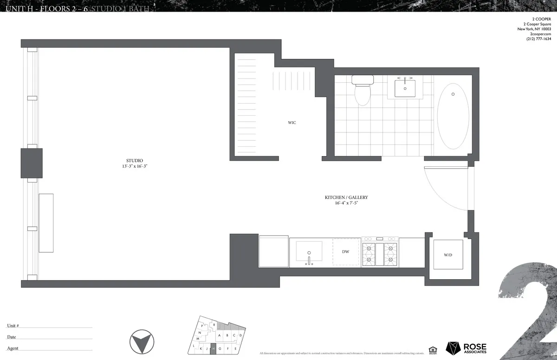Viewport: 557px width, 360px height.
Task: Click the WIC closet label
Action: tap(291, 123)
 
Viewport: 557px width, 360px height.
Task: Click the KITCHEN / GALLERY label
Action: tap(346, 197)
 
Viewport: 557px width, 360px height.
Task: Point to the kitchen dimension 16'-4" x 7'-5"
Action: tap(346, 203)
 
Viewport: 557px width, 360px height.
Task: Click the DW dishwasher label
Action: tap(345, 252)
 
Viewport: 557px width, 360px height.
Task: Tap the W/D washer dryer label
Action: tap(448, 255)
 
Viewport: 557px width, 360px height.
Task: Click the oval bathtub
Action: tap(453, 116)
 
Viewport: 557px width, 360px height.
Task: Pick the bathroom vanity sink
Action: tap(405, 88)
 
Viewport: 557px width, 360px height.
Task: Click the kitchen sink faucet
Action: tap(308, 259)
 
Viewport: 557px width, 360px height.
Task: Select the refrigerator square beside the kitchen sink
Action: tap(273, 251)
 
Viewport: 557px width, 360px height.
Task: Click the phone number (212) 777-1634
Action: tap(538, 39)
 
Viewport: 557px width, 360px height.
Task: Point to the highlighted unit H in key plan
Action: tap(213, 348)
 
